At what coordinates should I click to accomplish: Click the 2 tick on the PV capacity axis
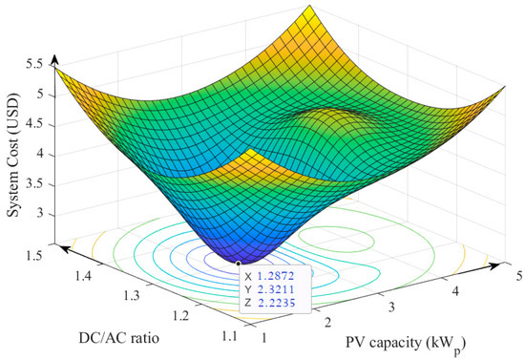pos(326,325)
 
